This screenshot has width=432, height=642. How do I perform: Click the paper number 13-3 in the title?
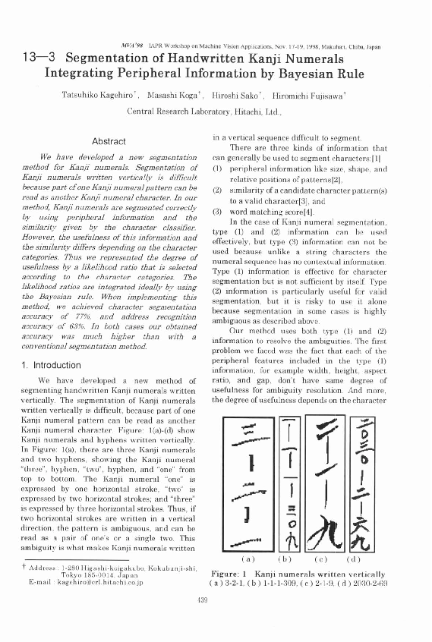pos(37,58)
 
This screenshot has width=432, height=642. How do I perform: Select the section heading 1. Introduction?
pos(54,365)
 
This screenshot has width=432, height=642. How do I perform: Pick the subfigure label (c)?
pos(331,557)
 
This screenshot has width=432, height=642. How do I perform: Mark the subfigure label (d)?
pos(375,557)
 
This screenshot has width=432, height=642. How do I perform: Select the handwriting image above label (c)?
pos(331,479)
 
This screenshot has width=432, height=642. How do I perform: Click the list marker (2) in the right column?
pos(216,190)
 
